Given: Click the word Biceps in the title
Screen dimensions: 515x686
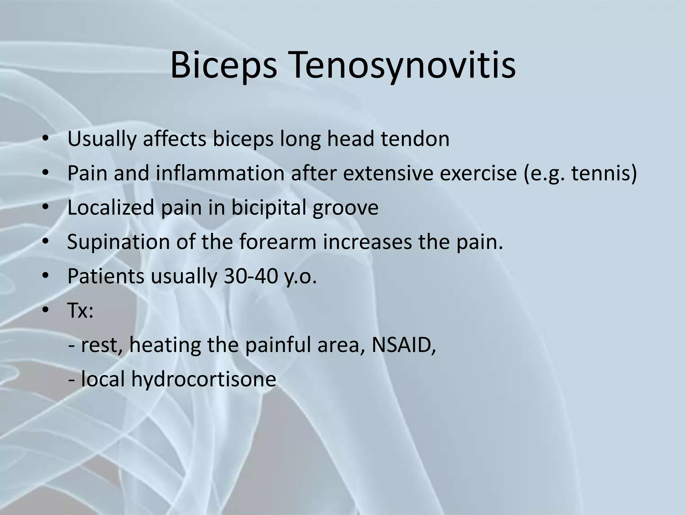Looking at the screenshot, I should [224, 66].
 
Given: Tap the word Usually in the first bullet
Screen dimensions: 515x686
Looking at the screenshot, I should [102, 139].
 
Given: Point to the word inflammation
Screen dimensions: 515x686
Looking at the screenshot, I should [220, 173].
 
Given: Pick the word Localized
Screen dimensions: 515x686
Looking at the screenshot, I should [111, 208].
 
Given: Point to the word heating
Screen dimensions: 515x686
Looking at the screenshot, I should [165, 345].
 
